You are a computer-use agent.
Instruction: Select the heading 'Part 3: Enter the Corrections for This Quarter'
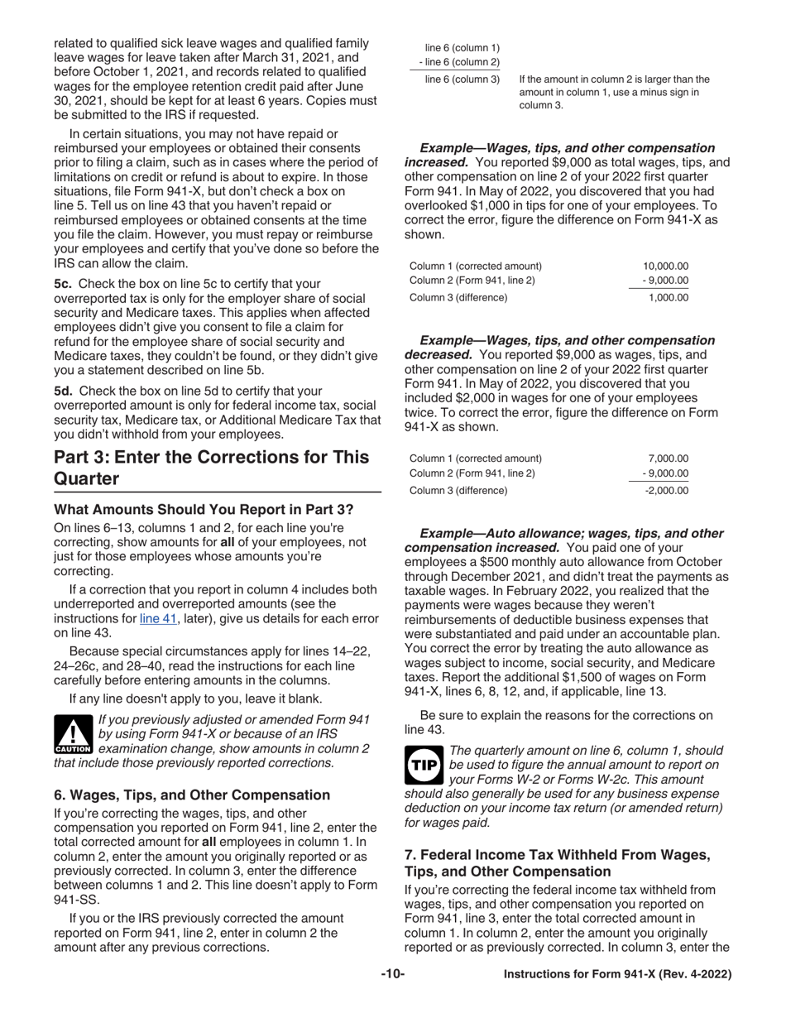pos(211,468)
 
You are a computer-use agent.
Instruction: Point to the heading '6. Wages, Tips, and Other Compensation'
pos(192,795)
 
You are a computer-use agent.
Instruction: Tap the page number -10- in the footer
pos(392,975)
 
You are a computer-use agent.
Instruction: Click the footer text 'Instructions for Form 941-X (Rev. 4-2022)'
pos(617,975)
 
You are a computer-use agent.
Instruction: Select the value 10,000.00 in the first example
pos(665,266)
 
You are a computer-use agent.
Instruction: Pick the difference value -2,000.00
pos(666,490)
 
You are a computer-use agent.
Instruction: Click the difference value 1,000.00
pos(668,297)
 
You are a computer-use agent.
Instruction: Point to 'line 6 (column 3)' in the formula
pos(462,79)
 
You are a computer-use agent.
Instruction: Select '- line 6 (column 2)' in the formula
pos(459,62)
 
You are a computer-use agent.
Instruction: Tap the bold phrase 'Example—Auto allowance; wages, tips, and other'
pos(571,534)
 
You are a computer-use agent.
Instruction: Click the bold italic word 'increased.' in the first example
pos(434,163)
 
